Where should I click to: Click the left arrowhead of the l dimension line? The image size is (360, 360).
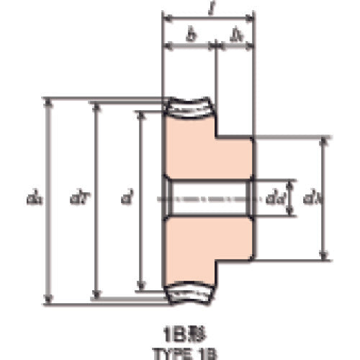[x=165, y=17]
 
